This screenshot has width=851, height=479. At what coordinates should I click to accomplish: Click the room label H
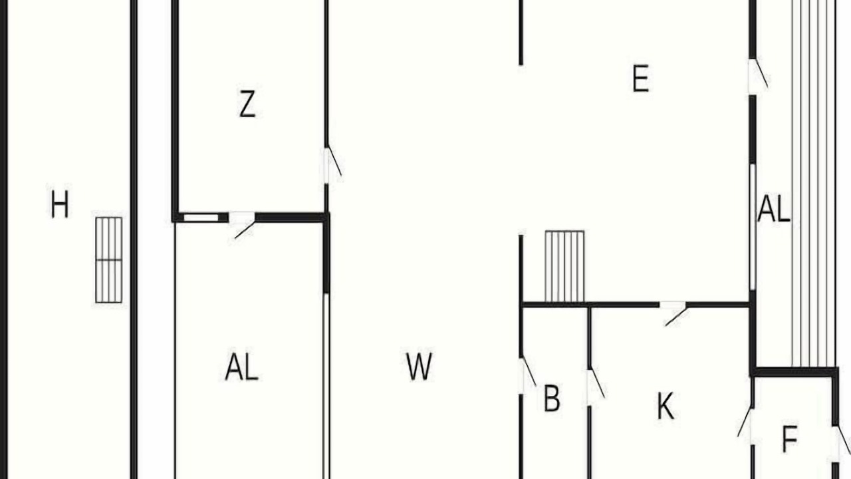coord(60,204)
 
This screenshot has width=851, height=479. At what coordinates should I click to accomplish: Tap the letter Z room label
coord(247,103)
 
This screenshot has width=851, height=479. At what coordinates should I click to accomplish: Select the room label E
coord(640,79)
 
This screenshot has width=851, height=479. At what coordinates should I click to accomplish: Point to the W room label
coord(419,367)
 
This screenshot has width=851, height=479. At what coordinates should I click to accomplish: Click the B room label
coord(552,398)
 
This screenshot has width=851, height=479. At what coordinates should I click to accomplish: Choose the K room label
coord(666,406)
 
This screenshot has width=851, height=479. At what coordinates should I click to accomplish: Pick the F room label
coord(790,438)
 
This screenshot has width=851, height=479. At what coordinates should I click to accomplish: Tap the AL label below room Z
coord(241,367)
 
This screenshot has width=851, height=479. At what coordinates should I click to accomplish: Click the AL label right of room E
coord(774,208)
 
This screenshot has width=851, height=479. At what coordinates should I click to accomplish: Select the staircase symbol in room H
coord(108,260)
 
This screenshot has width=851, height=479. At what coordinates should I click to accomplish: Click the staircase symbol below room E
coord(564,266)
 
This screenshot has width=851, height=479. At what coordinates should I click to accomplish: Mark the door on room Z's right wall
coord(333,165)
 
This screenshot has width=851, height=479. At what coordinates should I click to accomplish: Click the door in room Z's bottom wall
coord(242,225)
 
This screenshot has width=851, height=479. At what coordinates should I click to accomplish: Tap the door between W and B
coord(528,375)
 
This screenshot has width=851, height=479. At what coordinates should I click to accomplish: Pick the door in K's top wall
coord(673,313)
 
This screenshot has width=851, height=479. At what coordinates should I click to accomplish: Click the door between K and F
coord(746,426)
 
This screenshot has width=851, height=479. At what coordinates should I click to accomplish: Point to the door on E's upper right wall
coord(759,76)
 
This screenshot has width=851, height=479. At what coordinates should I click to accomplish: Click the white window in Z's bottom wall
coord(201,218)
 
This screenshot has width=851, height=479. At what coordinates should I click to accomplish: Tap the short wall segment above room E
coord(521,33)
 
